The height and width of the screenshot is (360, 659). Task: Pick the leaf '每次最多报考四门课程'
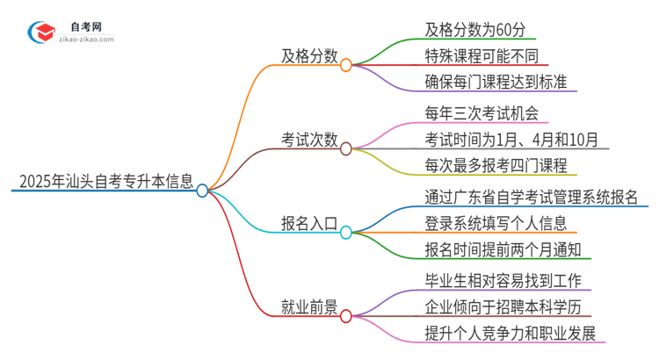tap(496, 166)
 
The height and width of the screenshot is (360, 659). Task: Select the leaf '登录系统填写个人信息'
tap(495, 223)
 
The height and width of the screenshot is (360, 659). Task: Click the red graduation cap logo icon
tap(41, 32)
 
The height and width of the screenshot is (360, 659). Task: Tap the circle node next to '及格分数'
tap(346, 64)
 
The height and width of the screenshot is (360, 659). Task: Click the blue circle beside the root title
tap(203, 190)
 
